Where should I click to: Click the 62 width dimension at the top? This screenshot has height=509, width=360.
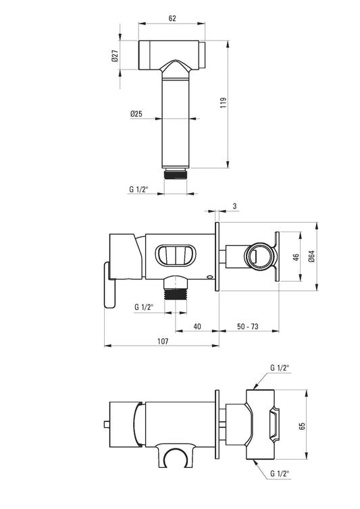pyautogui.click(x=172, y=18)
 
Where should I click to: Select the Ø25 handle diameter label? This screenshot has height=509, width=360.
pyautogui.click(x=136, y=113)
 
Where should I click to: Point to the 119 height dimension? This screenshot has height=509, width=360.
pyautogui.click(x=223, y=103)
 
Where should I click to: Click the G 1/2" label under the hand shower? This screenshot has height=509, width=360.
pyautogui.click(x=138, y=189)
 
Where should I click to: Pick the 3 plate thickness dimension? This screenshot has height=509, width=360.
pyautogui.click(x=235, y=206)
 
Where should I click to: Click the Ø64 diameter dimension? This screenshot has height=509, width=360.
pyautogui.click(x=311, y=257)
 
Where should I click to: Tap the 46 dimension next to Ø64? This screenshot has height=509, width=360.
pyautogui.click(x=296, y=257)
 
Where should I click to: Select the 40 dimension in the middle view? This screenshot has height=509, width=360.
pyautogui.click(x=197, y=326)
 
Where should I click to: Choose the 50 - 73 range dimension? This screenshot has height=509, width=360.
pyautogui.click(x=248, y=326)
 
